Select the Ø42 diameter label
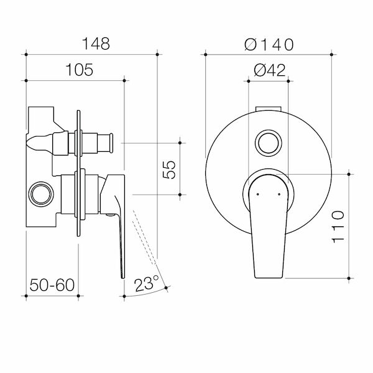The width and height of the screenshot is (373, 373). (270, 70)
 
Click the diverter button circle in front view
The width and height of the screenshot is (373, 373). (269, 142)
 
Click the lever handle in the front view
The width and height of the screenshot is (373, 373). (269, 224)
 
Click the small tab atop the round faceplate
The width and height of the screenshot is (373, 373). (269, 109)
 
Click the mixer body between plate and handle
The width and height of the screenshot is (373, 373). (90, 193)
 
